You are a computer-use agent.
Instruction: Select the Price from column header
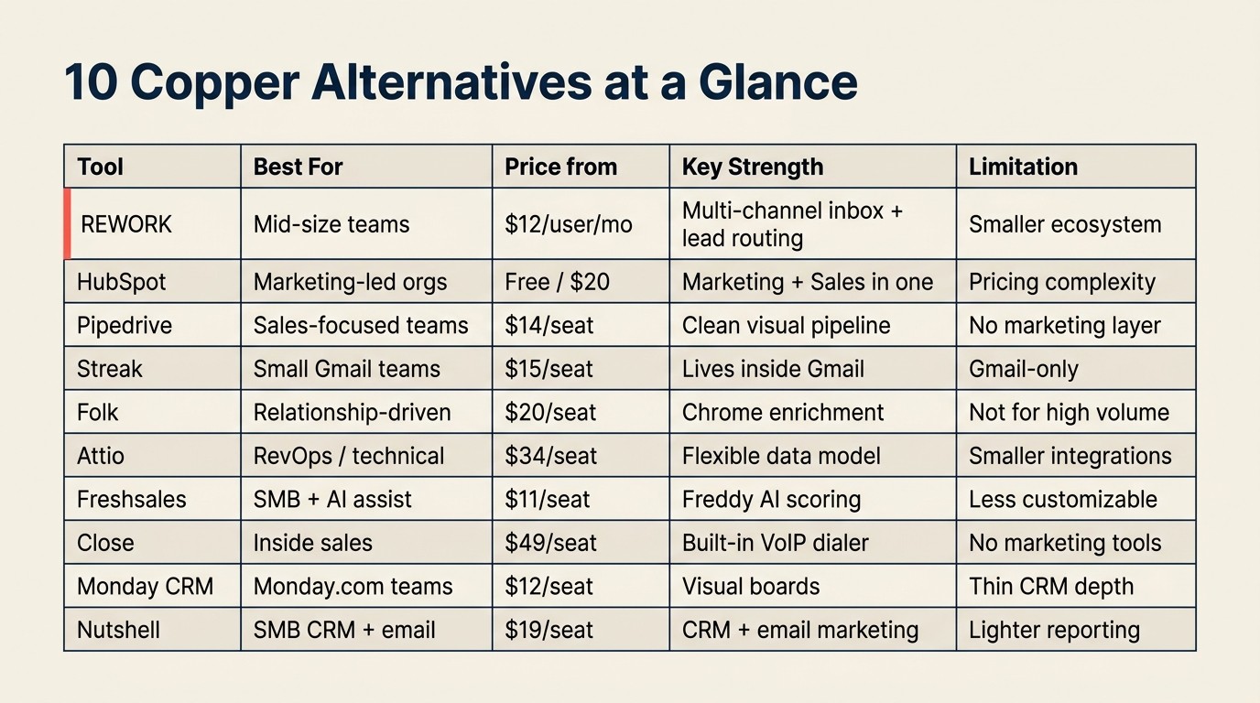(560, 168)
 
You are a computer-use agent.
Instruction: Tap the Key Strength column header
(752, 168)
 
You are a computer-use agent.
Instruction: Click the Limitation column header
(1023, 168)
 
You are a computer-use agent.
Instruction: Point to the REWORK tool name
(126, 224)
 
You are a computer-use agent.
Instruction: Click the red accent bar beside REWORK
(67, 224)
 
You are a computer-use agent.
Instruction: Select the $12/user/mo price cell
(568, 224)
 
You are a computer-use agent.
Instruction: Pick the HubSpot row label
(122, 282)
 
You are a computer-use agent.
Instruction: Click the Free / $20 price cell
(557, 282)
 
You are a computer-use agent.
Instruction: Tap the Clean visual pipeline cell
(786, 325)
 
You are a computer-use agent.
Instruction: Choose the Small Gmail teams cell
(346, 369)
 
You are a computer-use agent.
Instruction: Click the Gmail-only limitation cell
(1023, 369)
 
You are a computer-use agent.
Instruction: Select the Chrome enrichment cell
(783, 413)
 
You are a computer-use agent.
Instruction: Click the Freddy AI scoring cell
(771, 500)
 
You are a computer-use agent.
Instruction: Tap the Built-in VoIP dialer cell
(775, 543)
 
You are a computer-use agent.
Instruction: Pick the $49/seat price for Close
(550, 543)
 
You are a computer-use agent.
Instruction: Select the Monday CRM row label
(145, 587)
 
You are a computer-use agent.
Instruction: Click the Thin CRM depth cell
(1050, 587)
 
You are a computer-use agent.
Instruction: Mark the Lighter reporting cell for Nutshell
(1054, 630)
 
